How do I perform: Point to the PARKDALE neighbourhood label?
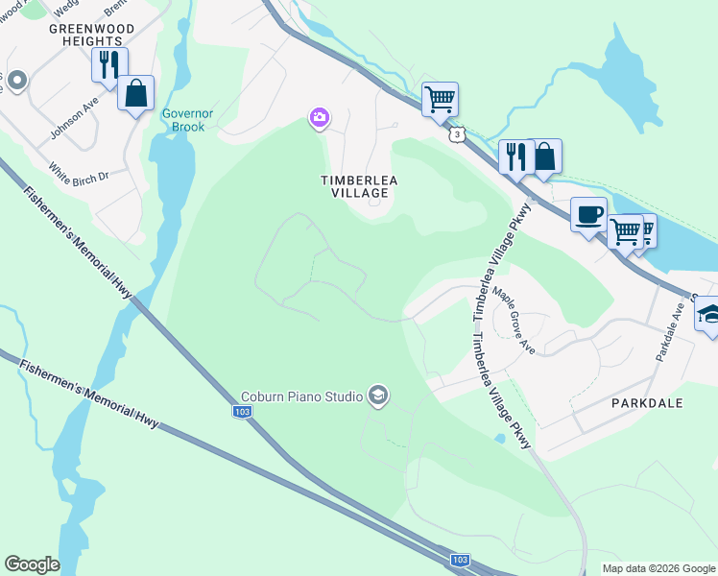[647, 403]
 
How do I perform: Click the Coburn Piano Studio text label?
[301, 396]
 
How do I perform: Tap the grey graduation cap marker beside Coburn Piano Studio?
[378, 396]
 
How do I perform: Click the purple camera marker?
[319, 118]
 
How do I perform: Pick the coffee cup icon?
[588, 213]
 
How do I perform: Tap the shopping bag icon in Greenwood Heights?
[136, 94]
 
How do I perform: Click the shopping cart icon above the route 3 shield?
[440, 97]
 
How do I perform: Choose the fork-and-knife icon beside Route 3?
[515, 156]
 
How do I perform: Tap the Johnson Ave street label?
[76, 118]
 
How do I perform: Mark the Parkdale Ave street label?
[670, 331]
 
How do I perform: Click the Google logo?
[33, 564]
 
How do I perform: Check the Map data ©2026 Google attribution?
[658, 568]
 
